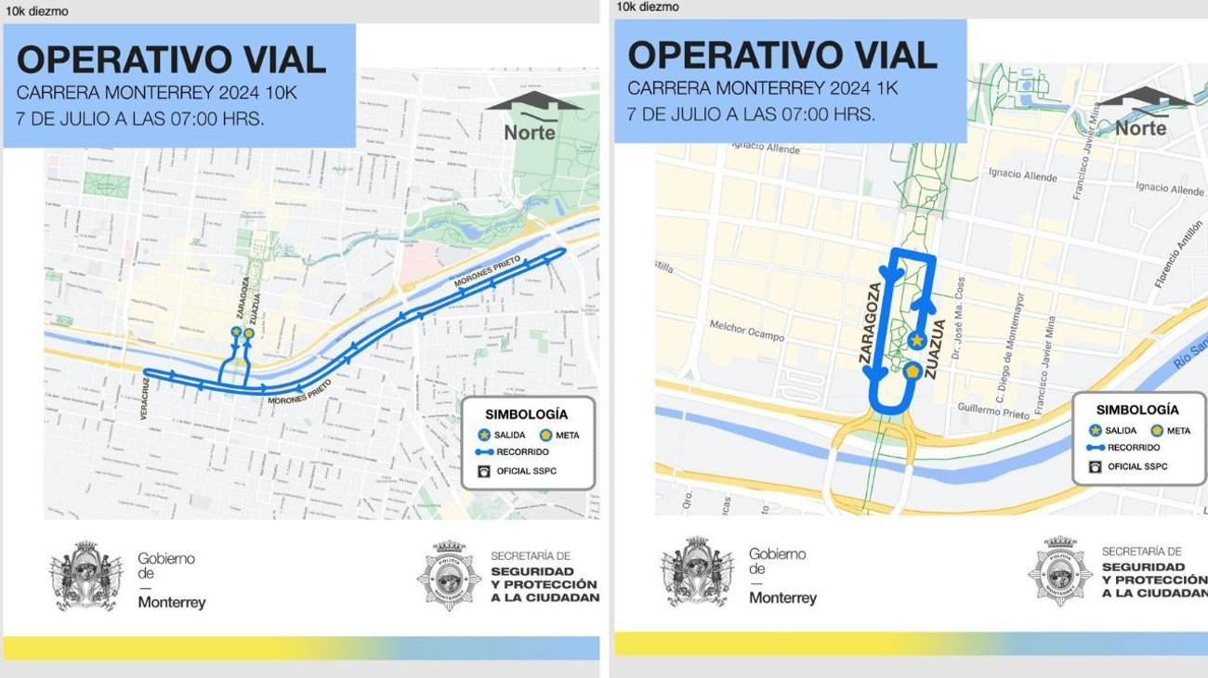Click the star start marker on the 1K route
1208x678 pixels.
tap(917, 341)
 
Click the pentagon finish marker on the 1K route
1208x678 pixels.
tap(912, 372)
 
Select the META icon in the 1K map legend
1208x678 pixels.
tap(1156, 430)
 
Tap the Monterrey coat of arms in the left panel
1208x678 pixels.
tap(85, 576)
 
